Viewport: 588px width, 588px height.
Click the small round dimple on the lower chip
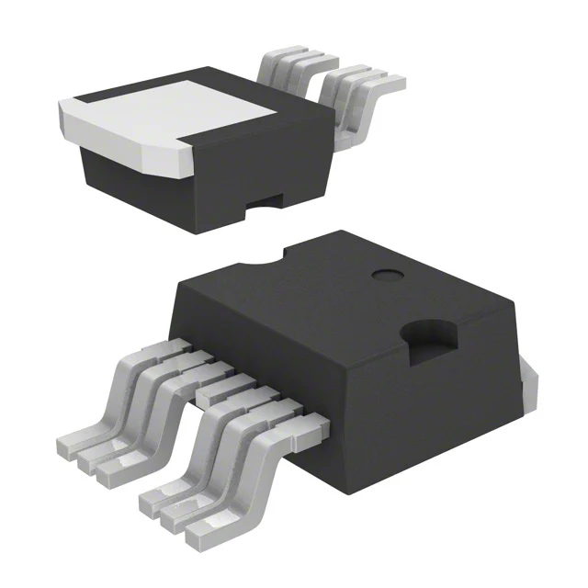pyautogui.click(x=384, y=275)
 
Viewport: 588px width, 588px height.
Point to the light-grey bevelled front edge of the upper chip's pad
pyautogui.click(x=138, y=147)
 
